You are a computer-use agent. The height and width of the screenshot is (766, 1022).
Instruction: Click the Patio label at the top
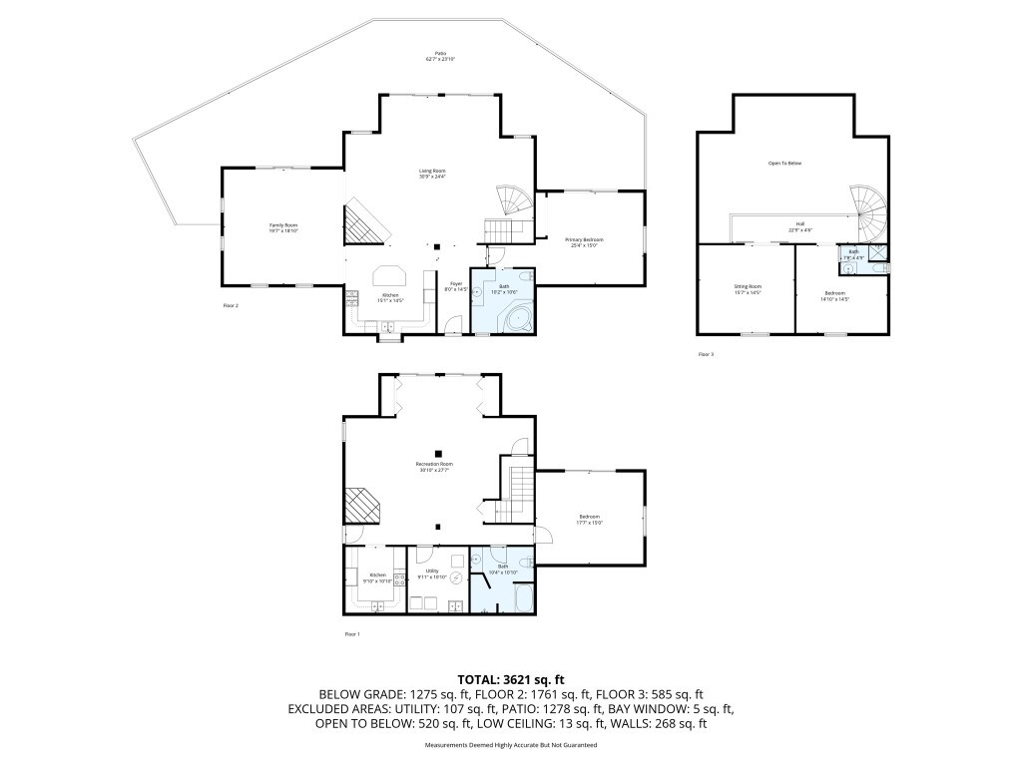[x=440, y=56]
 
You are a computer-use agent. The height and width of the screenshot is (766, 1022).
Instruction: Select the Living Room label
[x=432, y=174]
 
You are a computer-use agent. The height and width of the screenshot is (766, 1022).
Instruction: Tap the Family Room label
[x=283, y=227]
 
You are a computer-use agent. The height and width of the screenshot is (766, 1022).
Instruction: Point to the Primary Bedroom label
[x=584, y=241]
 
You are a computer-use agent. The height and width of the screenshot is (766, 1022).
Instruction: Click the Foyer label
[x=454, y=287]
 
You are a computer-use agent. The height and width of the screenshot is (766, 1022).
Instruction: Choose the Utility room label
[x=435, y=574]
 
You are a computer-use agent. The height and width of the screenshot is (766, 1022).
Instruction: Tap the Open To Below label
[x=784, y=163]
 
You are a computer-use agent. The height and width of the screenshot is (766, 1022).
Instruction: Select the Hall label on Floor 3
[x=800, y=226]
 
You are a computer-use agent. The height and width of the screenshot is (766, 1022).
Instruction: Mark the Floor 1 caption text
[x=351, y=633]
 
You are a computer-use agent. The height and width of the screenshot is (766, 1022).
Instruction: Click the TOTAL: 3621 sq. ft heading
[x=510, y=679]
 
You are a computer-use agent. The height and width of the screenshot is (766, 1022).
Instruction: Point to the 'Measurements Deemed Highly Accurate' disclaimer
[x=510, y=745]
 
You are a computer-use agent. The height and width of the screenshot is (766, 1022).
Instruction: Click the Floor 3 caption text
[x=706, y=354]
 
